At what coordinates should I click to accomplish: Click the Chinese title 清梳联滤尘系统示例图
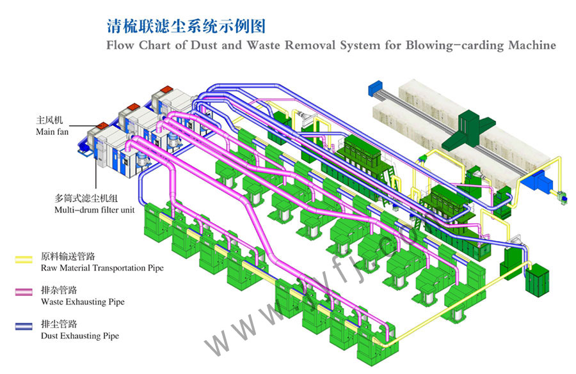tap(185, 26)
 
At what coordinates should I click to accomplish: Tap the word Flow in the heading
tap(120, 45)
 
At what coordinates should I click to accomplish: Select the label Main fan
tap(52, 132)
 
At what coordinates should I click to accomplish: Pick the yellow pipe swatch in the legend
tap(24, 260)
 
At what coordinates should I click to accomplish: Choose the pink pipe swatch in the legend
tap(24, 293)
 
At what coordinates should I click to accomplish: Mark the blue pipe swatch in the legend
tap(24, 327)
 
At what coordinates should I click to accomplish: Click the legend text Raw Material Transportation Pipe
tap(102, 268)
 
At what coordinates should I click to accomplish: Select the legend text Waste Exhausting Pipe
tap(83, 302)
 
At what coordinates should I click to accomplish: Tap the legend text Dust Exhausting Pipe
tap(79, 336)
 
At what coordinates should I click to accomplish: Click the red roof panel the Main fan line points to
tap(103, 124)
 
